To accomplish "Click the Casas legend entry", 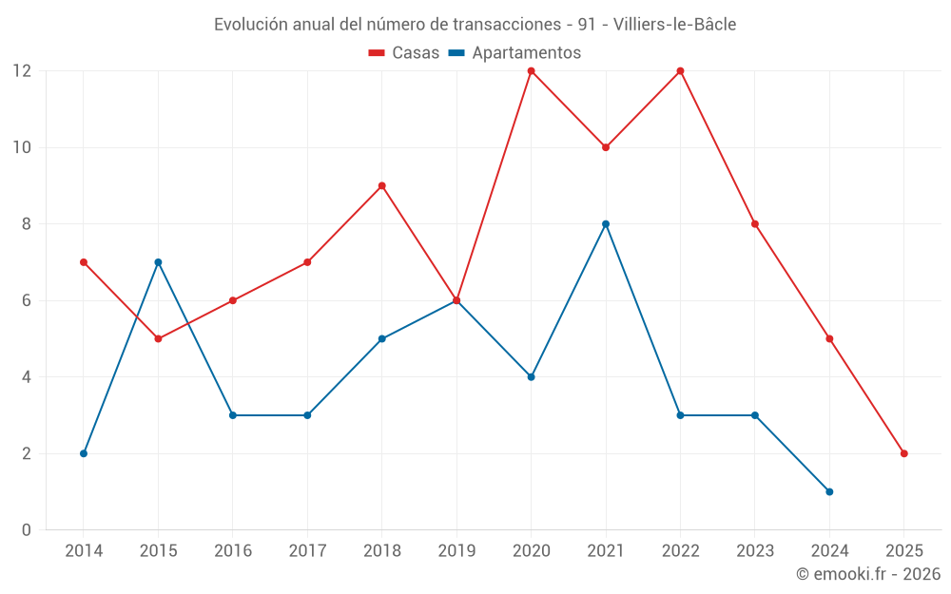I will coord(404,53).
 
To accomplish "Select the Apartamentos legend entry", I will coord(514,53).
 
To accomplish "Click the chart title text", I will coord(475,25).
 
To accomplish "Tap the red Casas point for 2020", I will coord(531,71).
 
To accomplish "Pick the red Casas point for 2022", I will coord(680,71).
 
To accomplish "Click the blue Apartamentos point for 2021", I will coord(606,224).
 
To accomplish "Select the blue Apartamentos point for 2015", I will coord(158,262).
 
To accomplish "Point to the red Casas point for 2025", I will coord(903,453).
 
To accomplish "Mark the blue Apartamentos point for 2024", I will coord(829,491).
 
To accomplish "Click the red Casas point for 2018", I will coord(381,186).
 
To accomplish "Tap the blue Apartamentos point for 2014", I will coord(84,453).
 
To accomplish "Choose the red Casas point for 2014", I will coord(84,262).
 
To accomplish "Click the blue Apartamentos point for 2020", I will coord(531,377).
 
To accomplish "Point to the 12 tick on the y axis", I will coord(21,71).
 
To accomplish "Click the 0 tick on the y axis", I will coord(27,529).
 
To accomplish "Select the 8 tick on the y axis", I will coord(27,224).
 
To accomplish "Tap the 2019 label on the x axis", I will coord(456,551).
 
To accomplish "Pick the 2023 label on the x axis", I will coord(754,551).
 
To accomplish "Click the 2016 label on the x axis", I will coord(233,551).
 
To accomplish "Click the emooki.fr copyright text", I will coord(867,574).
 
